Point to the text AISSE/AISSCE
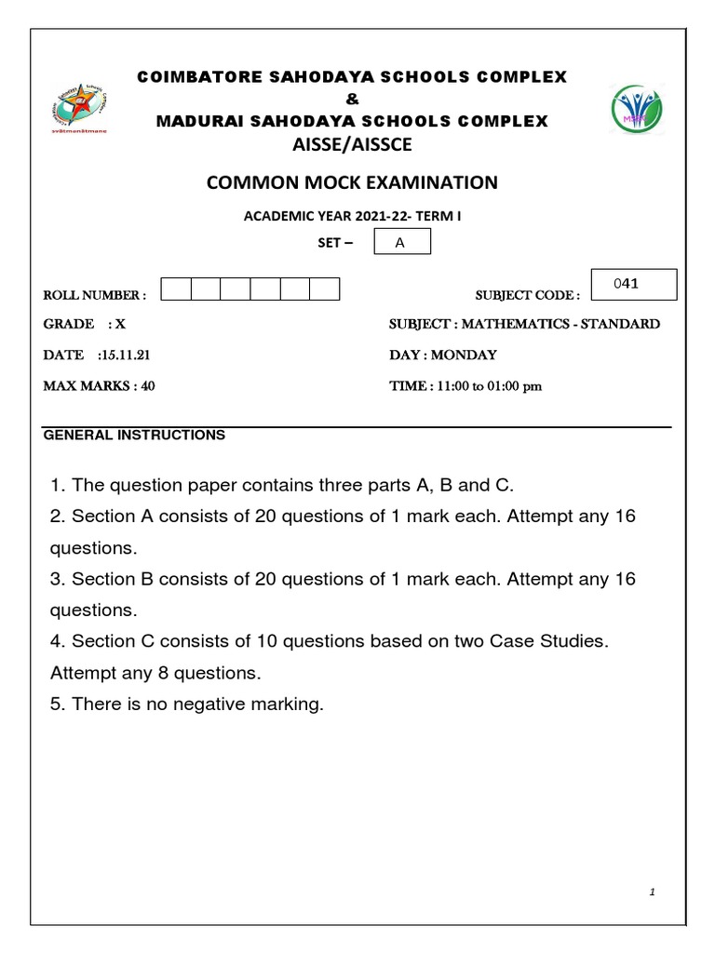pos(352,144)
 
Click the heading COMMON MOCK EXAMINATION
pos(352,183)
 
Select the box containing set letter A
pos(401,243)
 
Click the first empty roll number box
pos(176,289)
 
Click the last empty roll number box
pos(325,289)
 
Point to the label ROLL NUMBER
pos(94,295)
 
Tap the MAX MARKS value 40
pos(147,386)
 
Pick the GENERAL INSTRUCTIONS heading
pos(134,435)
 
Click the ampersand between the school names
pos(352,100)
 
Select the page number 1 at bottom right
pos(653,893)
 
